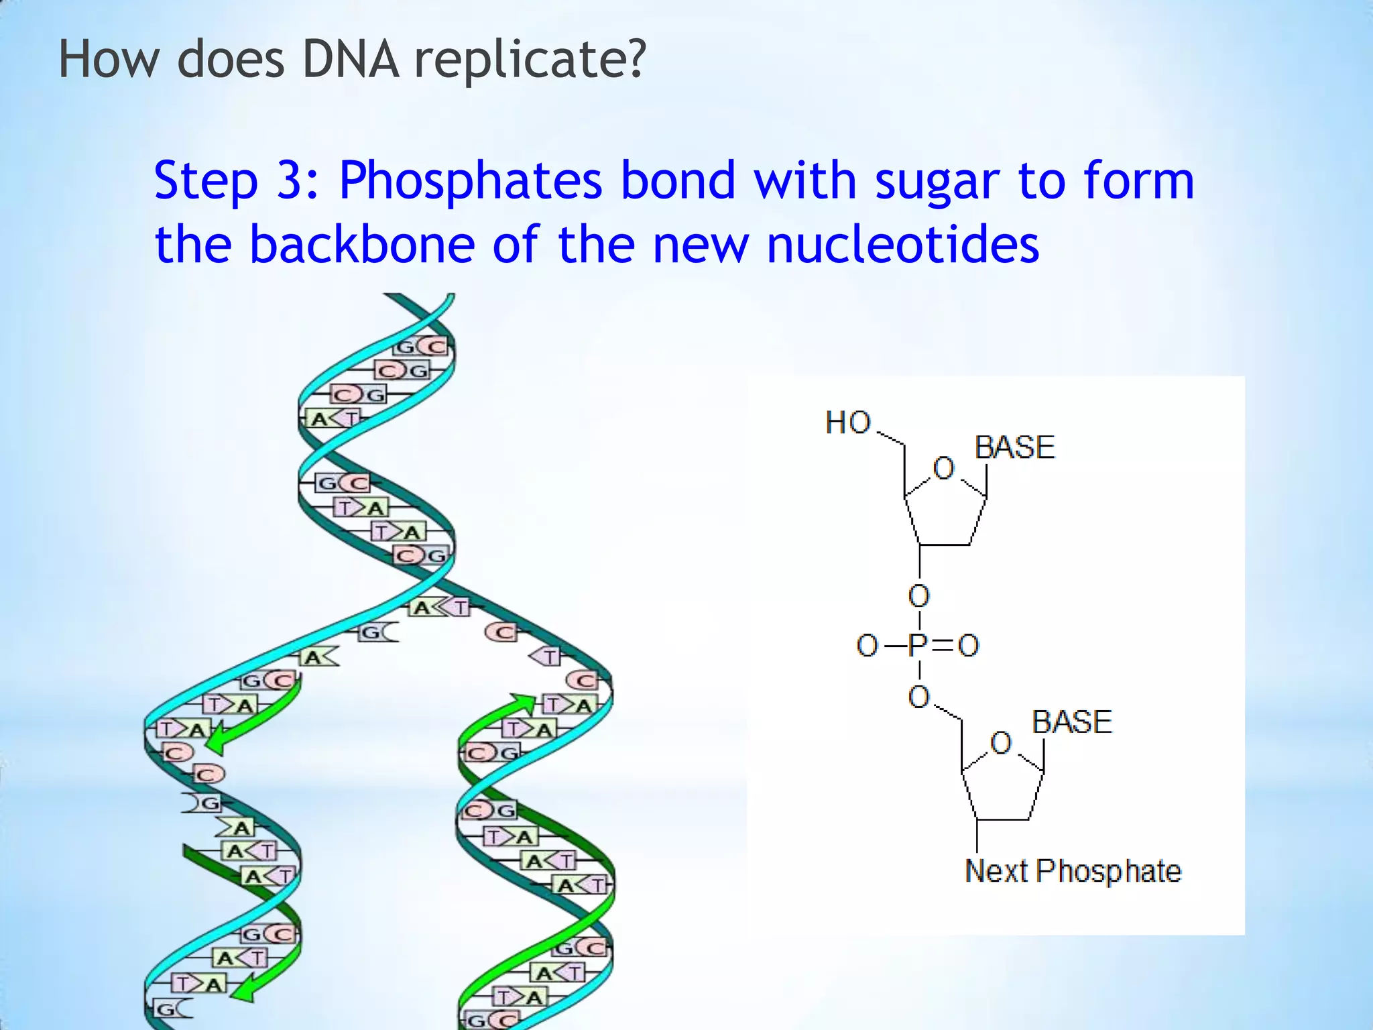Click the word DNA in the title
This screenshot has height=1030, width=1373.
[351, 60]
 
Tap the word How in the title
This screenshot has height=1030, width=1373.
[109, 60]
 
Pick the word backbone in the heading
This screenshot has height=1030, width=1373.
[362, 243]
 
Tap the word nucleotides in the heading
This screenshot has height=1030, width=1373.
[902, 243]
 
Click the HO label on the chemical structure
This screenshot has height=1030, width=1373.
[848, 423]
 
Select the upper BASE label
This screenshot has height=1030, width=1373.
[1015, 447]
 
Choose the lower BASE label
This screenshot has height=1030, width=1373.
[1072, 722]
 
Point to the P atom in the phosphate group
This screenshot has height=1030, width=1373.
[918, 646]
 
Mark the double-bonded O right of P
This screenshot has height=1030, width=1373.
[968, 646]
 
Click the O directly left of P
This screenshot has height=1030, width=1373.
[867, 646]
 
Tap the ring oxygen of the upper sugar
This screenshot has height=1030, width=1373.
[943, 468]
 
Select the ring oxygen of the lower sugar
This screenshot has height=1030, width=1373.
[1000, 743]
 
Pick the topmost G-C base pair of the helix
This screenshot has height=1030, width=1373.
[420, 347]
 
